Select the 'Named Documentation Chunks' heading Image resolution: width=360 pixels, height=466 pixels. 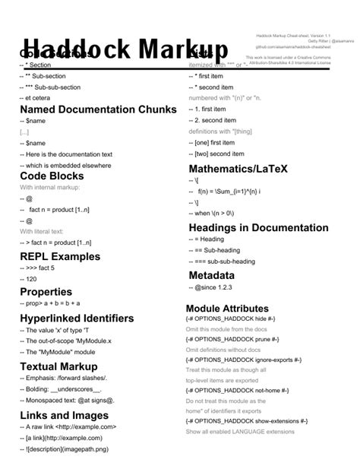pyautogui.click(x=98, y=109)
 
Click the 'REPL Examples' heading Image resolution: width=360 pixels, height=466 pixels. pyautogui.click(x=60, y=256)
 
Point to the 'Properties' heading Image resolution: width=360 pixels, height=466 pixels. pyautogui.click(x=46, y=292)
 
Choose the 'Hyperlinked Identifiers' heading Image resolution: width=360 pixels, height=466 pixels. pyautogui.click(x=77, y=318)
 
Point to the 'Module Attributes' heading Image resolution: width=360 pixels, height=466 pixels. pyautogui.click(x=227, y=308)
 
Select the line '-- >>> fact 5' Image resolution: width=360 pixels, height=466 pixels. pyautogui.click(x=46, y=268)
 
